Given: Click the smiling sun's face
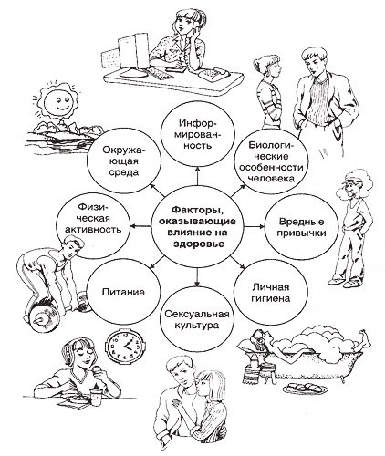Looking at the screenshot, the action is pyautogui.click(x=57, y=102).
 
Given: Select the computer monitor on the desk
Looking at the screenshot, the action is pyautogui.click(x=132, y=53).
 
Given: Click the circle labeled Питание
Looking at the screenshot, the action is pyautogui.click(x=123, y=293).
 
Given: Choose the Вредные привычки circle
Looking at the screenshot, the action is pyautogui.click(x=302, y=227).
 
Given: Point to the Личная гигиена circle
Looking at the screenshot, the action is pyautogui.click(x=270, y=294).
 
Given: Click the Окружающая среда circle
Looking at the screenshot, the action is pyautogui.click(x=124, y=161).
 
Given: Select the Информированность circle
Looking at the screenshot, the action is pyautogui.click(x=198, y=134).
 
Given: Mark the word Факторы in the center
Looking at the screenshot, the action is pyautogui.click(x=196, y=210).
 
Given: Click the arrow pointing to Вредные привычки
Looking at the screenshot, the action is pyautogui.click(x=255, y=226).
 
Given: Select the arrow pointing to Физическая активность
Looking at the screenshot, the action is pyautogui.click(x=141, y=226).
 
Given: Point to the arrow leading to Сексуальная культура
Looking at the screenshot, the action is pyautogui.click(x=197, y=276).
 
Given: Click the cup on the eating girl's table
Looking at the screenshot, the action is pyautogui.click(x=96, y=396).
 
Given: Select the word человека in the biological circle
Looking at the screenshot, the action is pyautogui.click(x=272, y=179).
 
